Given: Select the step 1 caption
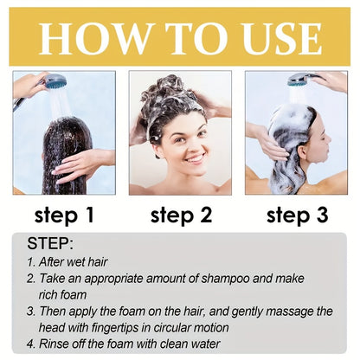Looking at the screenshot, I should (x=64, y=214).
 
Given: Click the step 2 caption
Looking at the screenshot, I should (x=180, y=214).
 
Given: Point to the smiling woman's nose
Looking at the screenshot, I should (x=192, y=145).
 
